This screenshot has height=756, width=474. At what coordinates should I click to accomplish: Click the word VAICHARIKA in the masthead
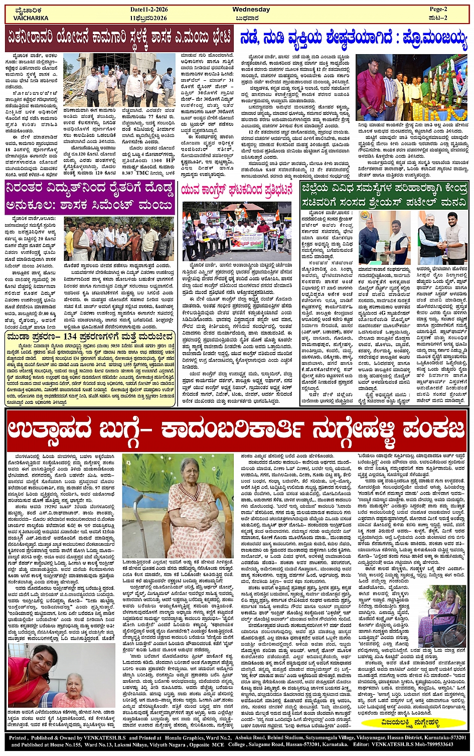pos(31,18)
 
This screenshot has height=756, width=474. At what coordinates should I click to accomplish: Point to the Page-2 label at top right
pos(441,10)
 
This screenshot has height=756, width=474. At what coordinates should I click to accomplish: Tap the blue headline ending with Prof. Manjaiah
pos(354,38)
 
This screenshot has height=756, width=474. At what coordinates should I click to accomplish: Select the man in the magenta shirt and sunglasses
pos(372,90)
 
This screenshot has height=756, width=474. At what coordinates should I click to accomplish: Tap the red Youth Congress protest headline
pos(236,190)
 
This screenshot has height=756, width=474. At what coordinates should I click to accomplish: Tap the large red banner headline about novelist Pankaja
pos(237,430)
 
